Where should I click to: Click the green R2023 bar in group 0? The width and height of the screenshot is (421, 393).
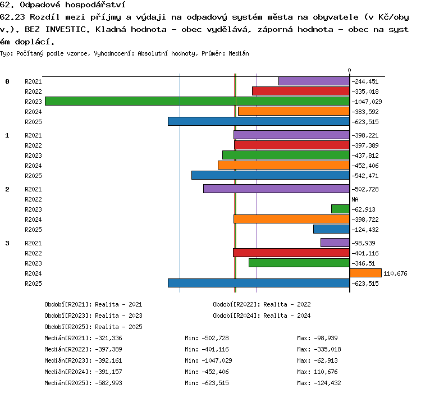click(198, 101)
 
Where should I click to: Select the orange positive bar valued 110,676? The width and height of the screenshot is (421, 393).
click(365, 273)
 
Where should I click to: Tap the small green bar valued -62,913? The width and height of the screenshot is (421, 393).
click(341, 209)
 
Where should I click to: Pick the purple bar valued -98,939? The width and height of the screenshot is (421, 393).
click(335, 243)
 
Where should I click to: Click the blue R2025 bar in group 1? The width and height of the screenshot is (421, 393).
click(271, 175)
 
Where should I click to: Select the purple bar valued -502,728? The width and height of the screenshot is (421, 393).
click(277, 189)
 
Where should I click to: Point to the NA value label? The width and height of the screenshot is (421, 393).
click(355, 199)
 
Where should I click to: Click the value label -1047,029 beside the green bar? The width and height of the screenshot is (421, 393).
click(367, 102)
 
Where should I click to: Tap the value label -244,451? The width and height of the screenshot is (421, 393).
click(365, 81)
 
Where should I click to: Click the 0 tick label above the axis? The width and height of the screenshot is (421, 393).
click(349, 70)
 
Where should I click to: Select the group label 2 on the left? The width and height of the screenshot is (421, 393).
click(7, 189)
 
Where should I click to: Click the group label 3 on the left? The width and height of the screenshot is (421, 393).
click(7, 243)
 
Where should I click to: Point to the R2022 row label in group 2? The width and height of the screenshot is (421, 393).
click(33, 199)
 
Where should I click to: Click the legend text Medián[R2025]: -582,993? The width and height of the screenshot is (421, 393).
click(83, 383)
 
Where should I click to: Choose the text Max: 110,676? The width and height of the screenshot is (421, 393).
click(317, 372)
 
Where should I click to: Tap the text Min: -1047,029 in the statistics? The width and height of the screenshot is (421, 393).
click(208, 360)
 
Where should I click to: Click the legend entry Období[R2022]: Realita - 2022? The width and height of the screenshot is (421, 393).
click(262, 304)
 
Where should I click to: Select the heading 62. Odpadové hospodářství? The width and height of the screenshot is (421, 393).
click(63, 4)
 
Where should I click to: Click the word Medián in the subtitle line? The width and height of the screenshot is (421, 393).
click(239, 53)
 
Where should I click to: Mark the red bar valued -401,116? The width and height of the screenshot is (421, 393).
click(291, 253)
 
